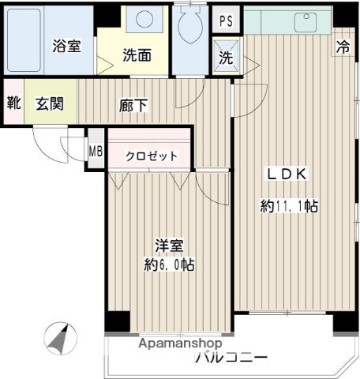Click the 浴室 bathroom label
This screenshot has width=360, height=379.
pos(67,47)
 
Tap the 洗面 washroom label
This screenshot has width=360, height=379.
pos(137,56)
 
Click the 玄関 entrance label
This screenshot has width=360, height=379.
pos(48,102)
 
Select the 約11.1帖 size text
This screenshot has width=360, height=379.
pos(290,207)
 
